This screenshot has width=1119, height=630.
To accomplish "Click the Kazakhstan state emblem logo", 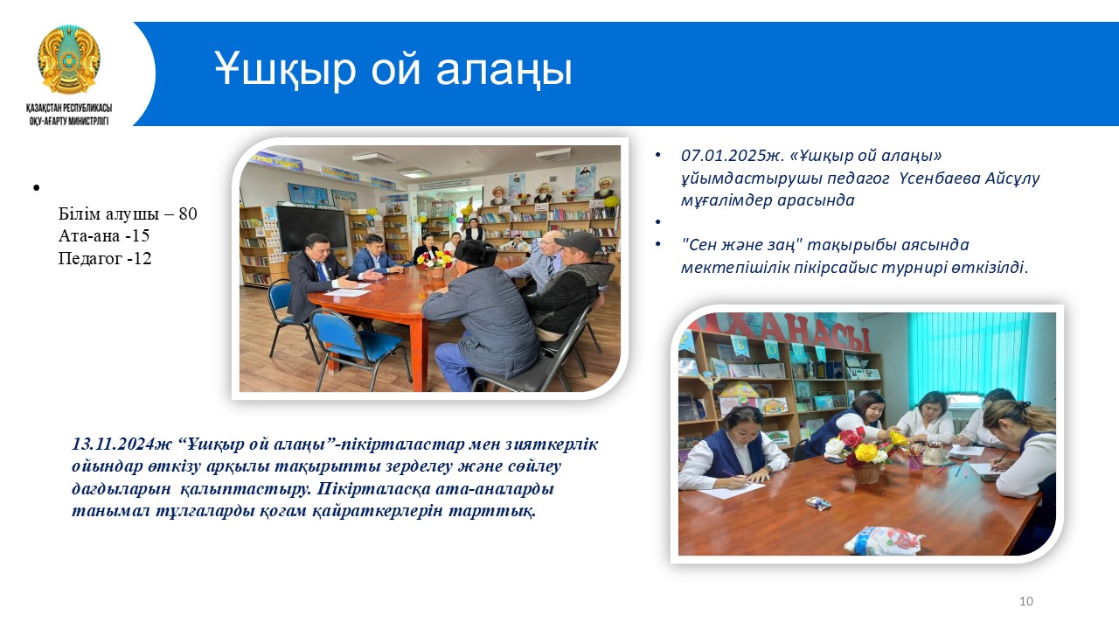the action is [69, 60].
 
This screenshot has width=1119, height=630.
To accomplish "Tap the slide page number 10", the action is [1026, 601].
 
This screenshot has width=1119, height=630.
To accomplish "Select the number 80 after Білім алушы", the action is [188, 213].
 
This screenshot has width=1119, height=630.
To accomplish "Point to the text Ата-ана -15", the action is [104, 235].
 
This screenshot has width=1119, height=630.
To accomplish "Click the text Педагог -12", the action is [105, 258].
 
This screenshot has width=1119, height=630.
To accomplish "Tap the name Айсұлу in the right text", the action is [1012, 178].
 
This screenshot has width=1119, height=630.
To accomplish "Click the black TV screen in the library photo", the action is [312, 228].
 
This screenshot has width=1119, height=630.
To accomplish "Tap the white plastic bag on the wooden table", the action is [883, 540].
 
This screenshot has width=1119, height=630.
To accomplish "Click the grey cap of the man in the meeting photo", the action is [578, 242].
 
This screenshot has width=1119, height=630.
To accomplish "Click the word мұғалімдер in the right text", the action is [725, 201].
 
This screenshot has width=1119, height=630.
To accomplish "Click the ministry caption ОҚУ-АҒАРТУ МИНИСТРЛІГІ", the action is [69, 121].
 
